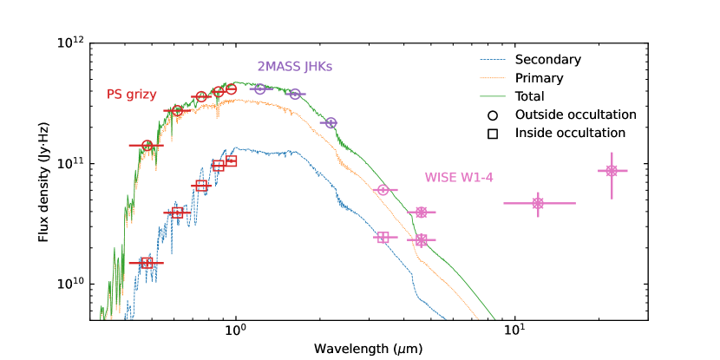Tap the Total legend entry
530,96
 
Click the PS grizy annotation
132,94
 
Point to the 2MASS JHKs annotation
295,67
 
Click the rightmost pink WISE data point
612,171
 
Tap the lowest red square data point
147,263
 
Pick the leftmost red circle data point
147,146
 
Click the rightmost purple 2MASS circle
330,123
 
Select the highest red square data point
231,161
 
